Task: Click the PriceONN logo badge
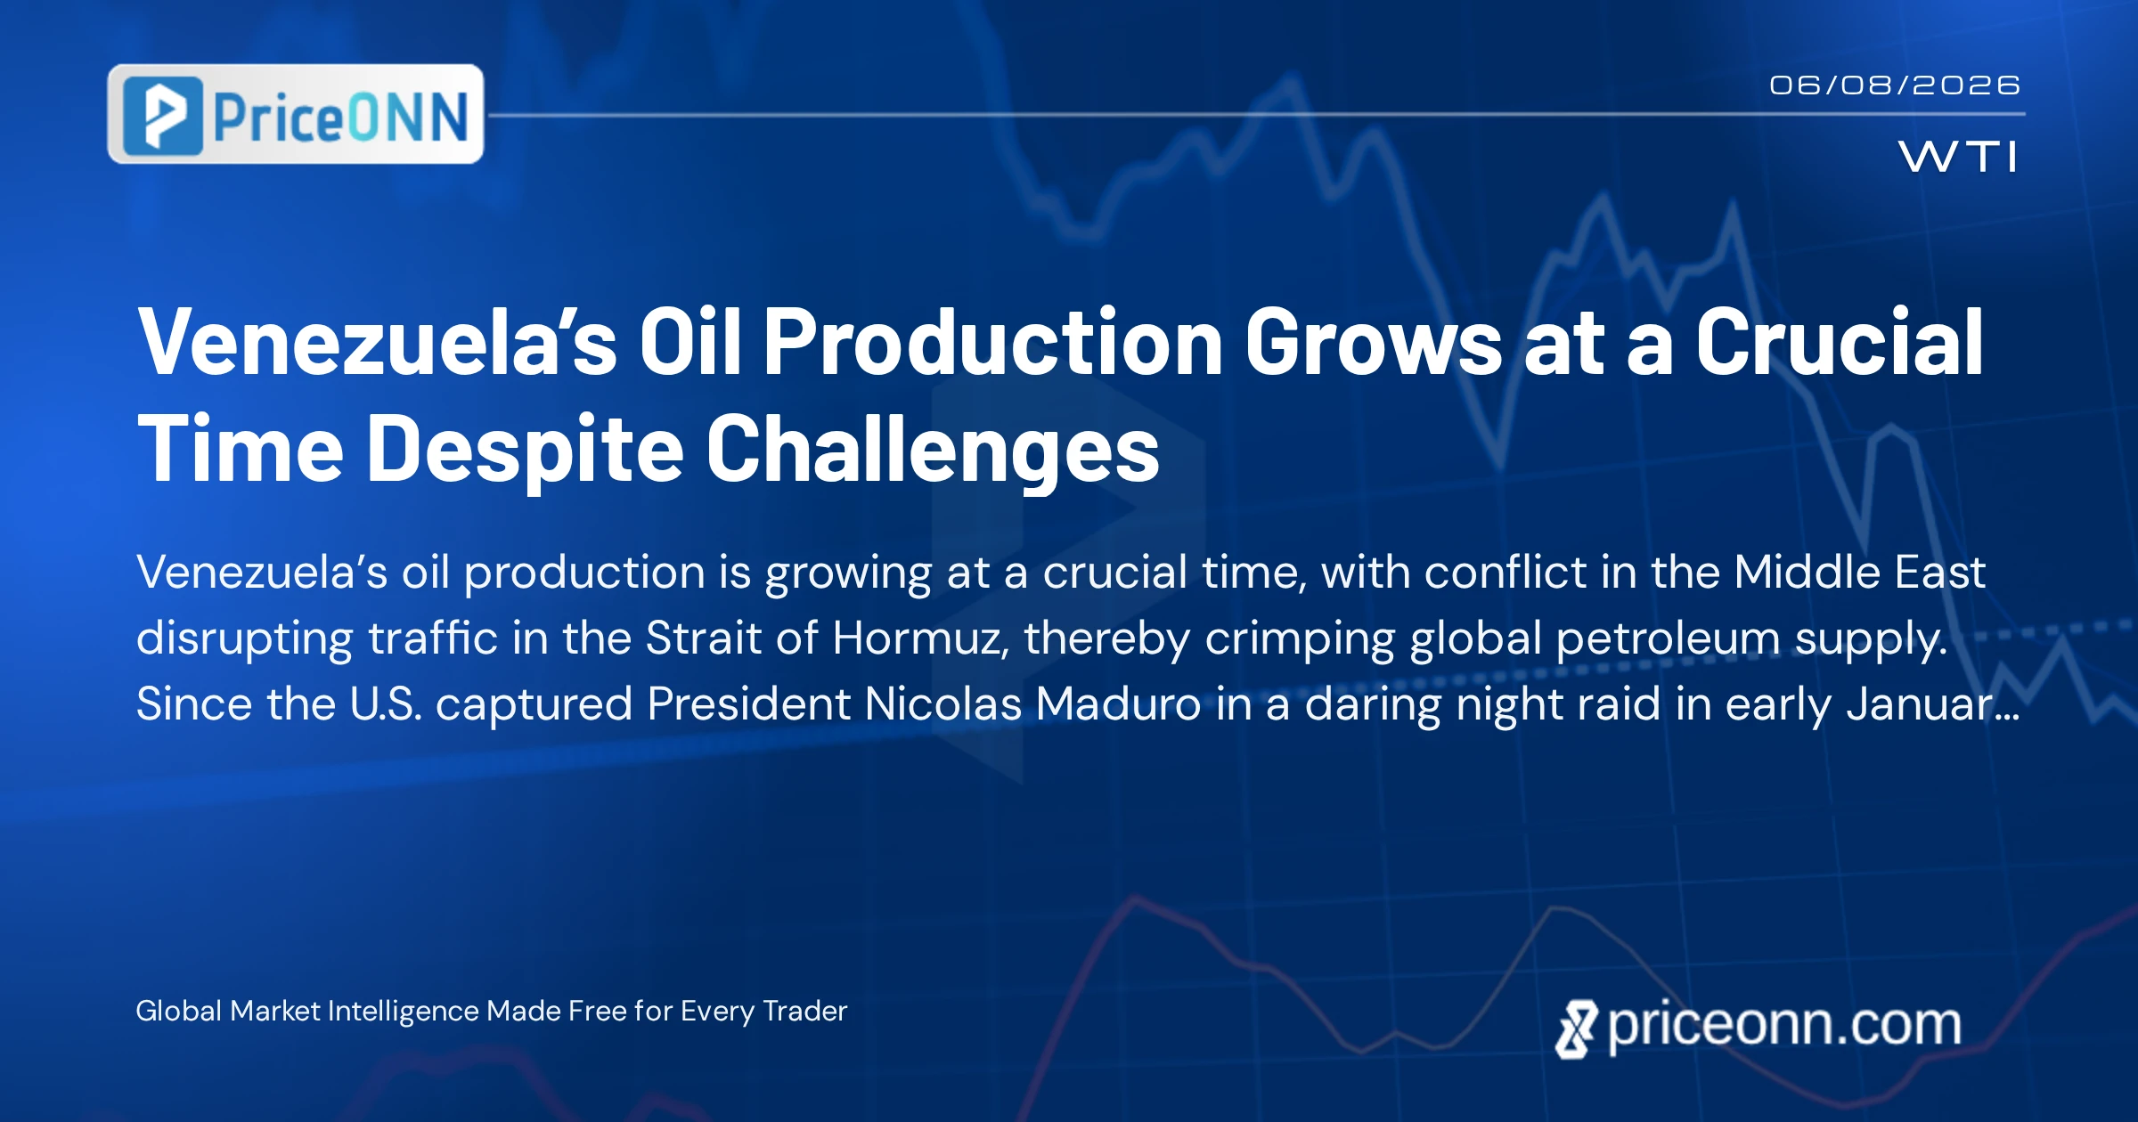click(x=296, y=114)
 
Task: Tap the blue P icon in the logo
click(x=163, y=116)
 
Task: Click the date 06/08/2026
click(x=1895, y=85)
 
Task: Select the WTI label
click(x=1958, y=157)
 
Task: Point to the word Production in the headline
click(x=993, y=342)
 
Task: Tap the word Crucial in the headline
click(x=1839, y=342)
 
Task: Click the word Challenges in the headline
click(x=933, y=450)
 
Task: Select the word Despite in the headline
click(x=526, y=450)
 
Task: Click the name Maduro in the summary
click(x=1117, y=703)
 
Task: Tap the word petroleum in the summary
click(x=1668, y=638)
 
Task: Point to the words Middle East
click(x=1859, y=572)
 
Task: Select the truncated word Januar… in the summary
click(x=1932, y=703)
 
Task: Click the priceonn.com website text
click(x=1784, y=1025)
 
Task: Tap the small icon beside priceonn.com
click(x=1577, y=1029)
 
